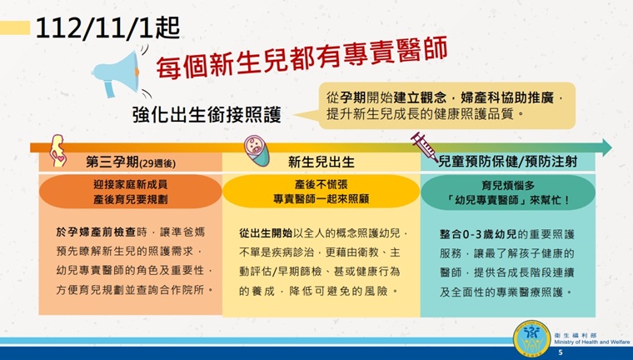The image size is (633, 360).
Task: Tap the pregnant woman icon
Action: pyautogui.click(x=57, y=151)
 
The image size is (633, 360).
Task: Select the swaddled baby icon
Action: pyautogui.click(x=257, y=150)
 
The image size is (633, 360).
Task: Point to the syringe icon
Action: pyautogui.click(x=424, y=147)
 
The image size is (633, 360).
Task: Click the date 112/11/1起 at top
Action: pyautogui.click(x=107, y=28)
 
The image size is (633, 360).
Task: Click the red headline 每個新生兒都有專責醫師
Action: pyautogui.click(x=302, y=57)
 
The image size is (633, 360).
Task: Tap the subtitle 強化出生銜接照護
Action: pyautogui.click(x=207, y=114)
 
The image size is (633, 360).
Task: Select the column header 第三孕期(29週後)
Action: pyautogui.click(x=131, y=162)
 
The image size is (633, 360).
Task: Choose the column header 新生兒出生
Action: pyautogui.click(x=321, y=162)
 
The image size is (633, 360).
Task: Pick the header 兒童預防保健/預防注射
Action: pyautogui.click(x=508, y=161)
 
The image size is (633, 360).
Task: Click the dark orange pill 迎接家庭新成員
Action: pyautogui.click(x=131, y=192)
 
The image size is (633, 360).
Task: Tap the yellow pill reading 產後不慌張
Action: pyautogui.click(x=321, y=192)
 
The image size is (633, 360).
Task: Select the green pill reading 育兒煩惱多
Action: pyautogui.click(x=508, y=192)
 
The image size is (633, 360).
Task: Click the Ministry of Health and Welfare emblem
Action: pyautogui.click(x=532, y=338)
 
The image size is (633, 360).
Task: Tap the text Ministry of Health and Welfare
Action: pyautogui.click(x=592, y=342)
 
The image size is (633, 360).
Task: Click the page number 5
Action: pyautogui.click(x=561, y=352)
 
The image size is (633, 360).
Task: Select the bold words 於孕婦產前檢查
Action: pyautogui.click(x=96, y=232)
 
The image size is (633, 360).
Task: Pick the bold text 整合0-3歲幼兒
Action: pyautogui.click(x=478, y=234)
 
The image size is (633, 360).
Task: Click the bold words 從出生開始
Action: pyautogui.click(x=266, y=233)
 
